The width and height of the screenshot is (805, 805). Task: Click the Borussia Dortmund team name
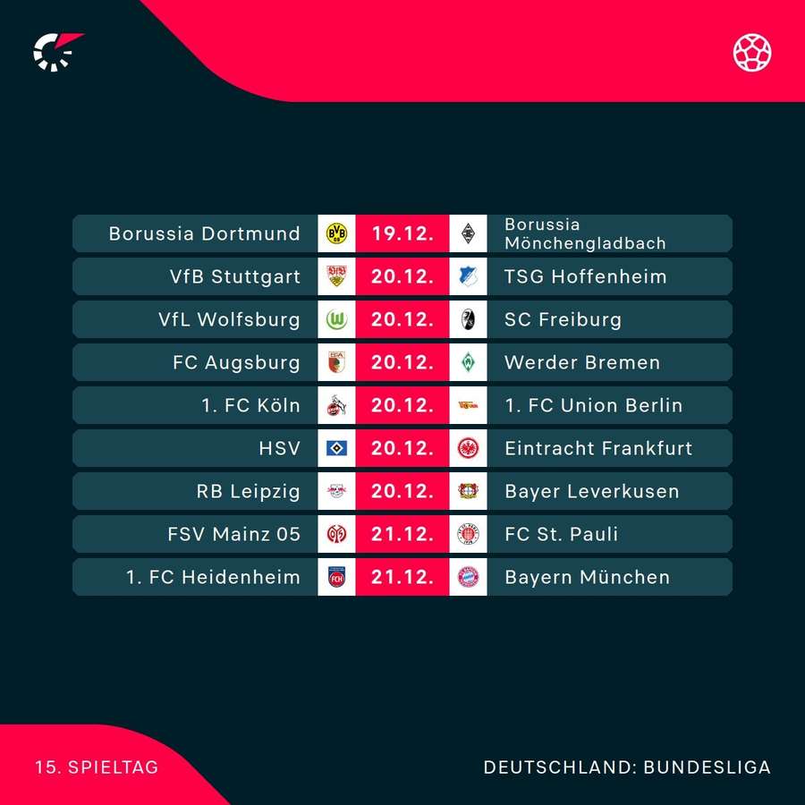[x=204, y=233]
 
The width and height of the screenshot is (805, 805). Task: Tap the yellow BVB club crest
[x=337, y=233]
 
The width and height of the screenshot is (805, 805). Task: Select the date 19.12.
[x=402, y=233]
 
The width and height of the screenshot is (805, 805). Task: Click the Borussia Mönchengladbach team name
[x=585, y=233]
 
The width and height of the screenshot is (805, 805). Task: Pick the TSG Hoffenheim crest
[x=468, y=276]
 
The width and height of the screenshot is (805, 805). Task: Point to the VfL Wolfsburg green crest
[x=337, y=319]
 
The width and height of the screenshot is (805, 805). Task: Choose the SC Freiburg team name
[x=563, y=319]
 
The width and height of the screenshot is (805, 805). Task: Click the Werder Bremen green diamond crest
[x=468, y=362]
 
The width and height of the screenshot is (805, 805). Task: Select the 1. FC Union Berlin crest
[x=468, y=405]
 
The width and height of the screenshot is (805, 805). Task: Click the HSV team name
[x=279, y=448]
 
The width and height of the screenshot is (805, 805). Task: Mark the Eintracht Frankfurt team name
[x=598, y=448]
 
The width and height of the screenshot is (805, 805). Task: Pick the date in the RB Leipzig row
[x=402, y=491]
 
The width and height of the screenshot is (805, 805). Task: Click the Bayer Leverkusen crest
[x=468, y=491]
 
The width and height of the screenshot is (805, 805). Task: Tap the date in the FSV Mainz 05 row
[x=402, y=534]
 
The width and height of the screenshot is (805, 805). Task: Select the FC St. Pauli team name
[x=561, y=534]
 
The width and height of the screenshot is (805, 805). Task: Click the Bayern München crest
[x=468, y=577]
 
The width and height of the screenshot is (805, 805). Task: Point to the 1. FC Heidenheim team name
[x=213, y=577]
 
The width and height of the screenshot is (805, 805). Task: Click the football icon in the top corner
[x=752, y=52]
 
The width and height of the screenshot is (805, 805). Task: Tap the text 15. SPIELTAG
[x=97, y=767]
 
